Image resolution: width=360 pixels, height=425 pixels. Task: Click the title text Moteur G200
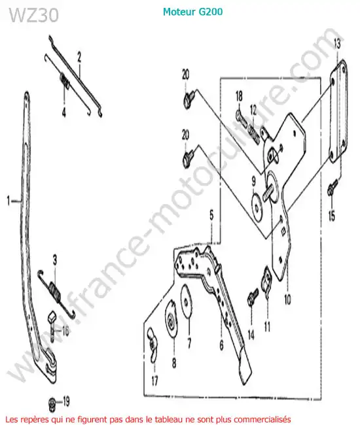pos(192,12)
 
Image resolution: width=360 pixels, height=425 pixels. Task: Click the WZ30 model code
pos(34,15)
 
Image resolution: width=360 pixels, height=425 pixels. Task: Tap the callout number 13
pos(337,44)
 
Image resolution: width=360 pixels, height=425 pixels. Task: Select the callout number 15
pos(331,216)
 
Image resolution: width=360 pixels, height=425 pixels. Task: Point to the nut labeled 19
pos(52,401)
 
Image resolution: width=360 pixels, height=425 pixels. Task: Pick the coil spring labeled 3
pos(58,294)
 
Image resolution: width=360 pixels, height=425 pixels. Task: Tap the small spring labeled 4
pos(64,80)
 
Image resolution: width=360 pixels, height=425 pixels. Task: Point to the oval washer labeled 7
pos(187,300)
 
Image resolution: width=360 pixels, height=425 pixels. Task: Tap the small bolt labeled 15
pos(333,186)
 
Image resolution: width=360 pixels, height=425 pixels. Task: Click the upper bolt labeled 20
pos(190,99)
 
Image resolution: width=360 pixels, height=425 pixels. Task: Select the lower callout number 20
pos(185,135)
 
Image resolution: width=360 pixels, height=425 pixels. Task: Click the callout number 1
pos(9,201)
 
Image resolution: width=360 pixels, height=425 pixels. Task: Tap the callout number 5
pos(211,216)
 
